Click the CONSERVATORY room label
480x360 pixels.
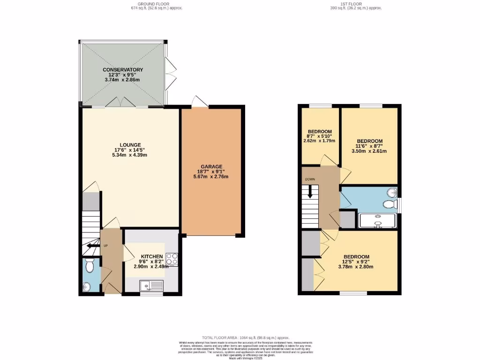123,70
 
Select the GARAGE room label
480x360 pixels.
212,166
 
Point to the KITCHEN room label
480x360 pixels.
151,256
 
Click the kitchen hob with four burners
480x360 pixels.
171,259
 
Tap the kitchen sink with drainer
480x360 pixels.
151,285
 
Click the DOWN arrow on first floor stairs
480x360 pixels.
310,192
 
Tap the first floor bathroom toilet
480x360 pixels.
388,204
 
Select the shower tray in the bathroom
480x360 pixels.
377,221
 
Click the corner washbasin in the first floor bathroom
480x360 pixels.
392,192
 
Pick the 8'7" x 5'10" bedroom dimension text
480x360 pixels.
320,135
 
